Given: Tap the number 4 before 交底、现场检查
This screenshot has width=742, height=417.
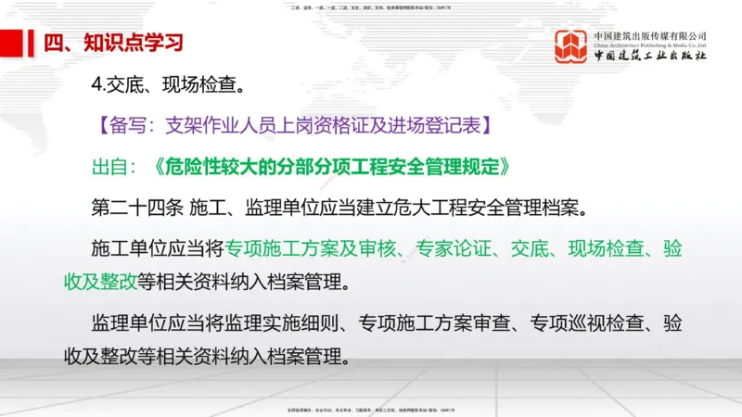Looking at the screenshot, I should pyautogui.click(x=97, y=89).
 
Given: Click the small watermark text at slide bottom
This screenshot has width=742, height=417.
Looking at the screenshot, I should pyautogui.click(x=371, y=409).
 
